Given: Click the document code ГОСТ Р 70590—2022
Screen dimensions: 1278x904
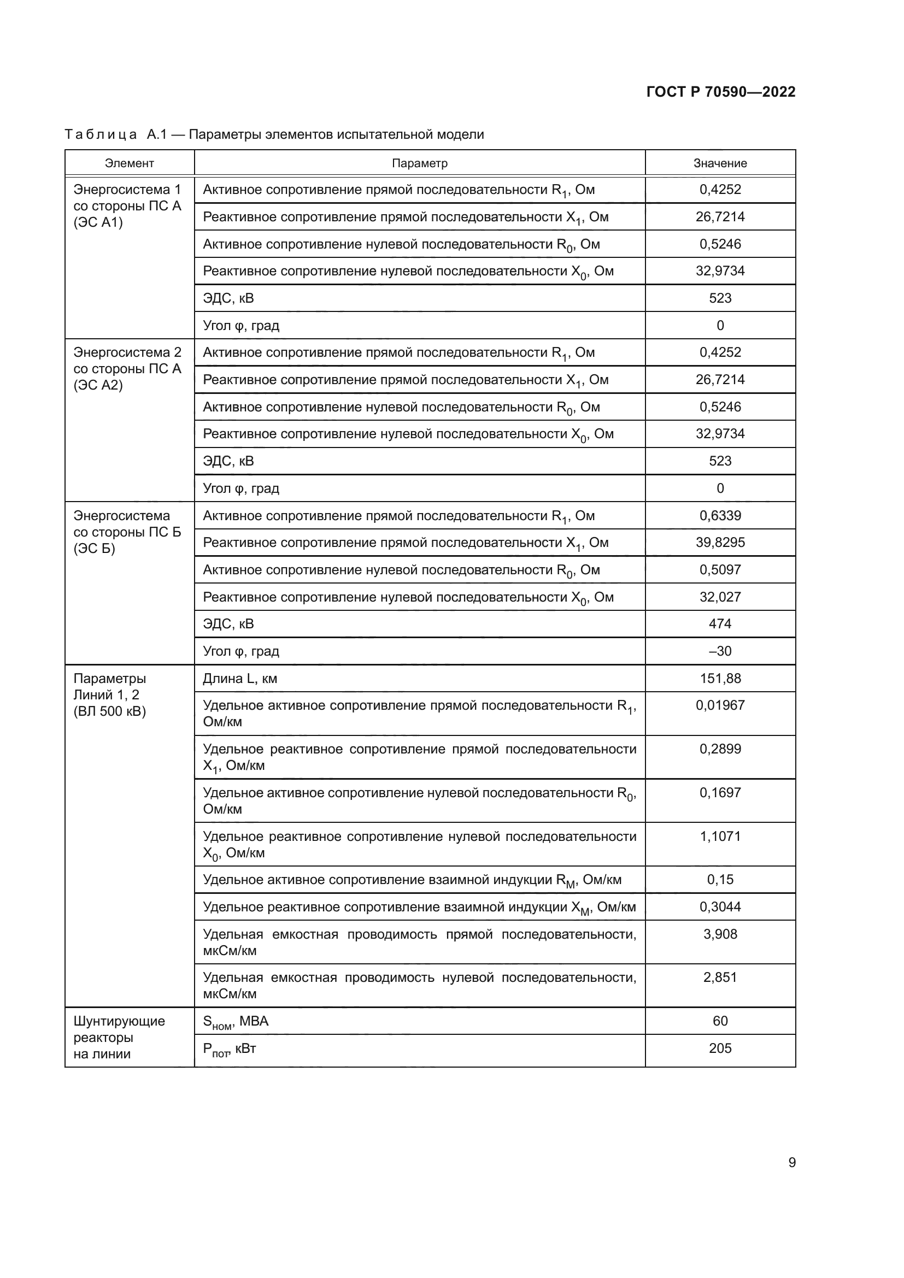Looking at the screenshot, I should point(720,92).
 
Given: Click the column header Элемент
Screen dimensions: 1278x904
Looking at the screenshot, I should point(129,163).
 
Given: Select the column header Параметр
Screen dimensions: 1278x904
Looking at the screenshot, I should point(419,163).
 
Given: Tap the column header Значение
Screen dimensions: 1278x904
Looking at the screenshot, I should point(720,163).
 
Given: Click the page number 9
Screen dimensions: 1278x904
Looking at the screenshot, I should point(791,1162).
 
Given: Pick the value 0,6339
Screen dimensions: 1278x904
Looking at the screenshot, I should point(720,515).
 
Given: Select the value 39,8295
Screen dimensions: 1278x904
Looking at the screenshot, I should point(720,542).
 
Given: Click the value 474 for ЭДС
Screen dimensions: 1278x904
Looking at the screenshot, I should point(720,623).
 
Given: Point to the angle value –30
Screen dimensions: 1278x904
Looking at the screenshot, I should point(720,651).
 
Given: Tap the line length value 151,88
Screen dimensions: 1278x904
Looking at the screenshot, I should point(720,678).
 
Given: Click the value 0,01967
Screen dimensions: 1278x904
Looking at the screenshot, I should point(720,705).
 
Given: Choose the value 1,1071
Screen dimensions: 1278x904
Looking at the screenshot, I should point(720,836).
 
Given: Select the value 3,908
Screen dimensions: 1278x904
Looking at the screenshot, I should point(720,934).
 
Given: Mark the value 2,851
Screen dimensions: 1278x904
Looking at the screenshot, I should point(720,977).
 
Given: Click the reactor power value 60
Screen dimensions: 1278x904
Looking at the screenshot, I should point(720,1021).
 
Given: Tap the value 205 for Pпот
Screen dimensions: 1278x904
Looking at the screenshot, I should point(720,1048).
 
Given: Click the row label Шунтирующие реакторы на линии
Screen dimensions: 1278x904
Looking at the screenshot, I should point(119,1037).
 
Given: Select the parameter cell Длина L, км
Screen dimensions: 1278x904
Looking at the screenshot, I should point(240,679).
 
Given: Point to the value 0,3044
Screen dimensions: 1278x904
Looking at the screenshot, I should point(720,907).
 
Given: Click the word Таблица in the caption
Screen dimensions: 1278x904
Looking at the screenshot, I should point(101,135).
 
